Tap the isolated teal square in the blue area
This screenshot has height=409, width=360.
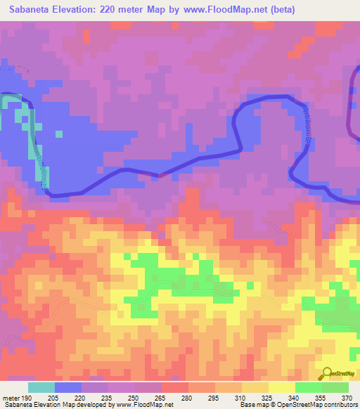click(58, 134)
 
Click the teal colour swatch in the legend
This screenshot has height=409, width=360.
click(41, 387)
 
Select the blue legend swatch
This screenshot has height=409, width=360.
click(68, 387)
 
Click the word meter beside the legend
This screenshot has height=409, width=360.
click(9, 397)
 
